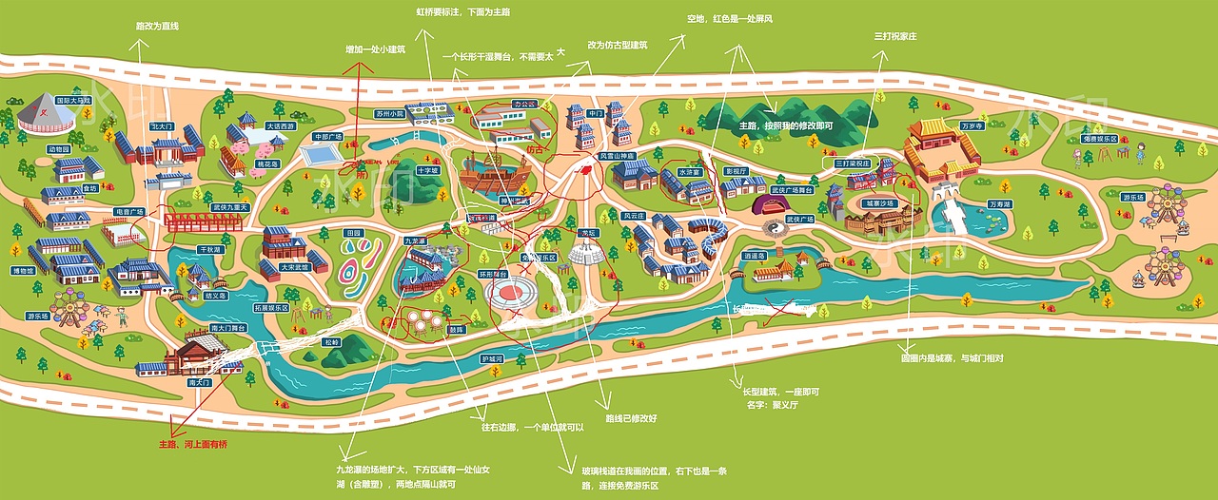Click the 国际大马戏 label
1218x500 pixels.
[72, 99]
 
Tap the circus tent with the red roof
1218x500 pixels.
[46, 114]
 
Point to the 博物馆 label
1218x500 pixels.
[49, 271]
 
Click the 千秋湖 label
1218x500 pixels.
[209, 250]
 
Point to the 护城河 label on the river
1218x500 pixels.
[491, 358]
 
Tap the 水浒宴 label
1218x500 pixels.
[689, 172]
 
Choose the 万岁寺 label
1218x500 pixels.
[972, 125]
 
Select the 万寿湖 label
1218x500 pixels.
[998, 203]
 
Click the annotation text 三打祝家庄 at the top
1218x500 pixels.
[894, 36]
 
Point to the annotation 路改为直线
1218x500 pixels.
[158, 28]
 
